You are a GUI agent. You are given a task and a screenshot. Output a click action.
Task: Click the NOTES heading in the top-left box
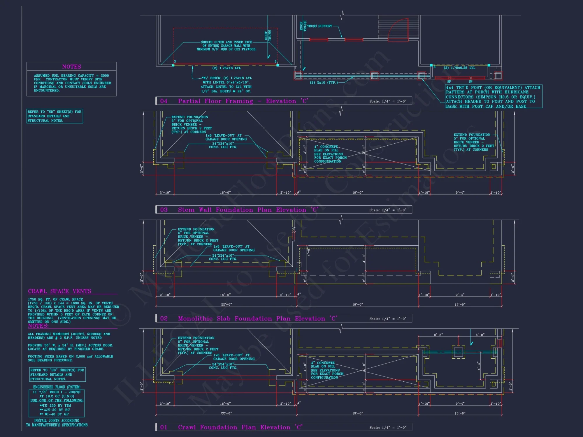pos(71,67)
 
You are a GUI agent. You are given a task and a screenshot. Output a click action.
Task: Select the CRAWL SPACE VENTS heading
pos(59,291)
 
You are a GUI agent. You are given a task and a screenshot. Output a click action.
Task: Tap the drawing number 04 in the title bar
pos(164,101)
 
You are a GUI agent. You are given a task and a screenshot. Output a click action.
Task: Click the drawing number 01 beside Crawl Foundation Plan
pos(164,427)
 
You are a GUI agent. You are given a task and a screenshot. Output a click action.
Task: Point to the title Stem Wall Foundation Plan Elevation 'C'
pos(248,210)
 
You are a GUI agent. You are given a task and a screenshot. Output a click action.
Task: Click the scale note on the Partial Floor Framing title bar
pos(388,101)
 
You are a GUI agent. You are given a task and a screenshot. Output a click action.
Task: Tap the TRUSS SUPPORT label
pos(319,26)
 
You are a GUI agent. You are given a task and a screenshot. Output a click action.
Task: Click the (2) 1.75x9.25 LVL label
pos(459,68)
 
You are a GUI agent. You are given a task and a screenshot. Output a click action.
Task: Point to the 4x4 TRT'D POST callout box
pos(494,97)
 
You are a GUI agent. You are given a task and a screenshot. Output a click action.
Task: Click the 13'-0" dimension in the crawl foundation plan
pos(460,413)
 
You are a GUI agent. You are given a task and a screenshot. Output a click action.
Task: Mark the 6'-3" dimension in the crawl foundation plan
pos(438,335)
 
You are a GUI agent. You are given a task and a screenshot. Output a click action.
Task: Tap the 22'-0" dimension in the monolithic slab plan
pos(226,304)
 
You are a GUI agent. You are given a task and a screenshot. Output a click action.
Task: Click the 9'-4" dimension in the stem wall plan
pos(460,193)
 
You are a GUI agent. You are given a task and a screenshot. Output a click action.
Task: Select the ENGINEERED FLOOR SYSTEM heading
pos(57,387)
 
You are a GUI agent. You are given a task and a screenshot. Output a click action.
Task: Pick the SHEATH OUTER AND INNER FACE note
pos(226,46)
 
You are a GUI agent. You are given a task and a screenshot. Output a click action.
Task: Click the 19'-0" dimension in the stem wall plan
pos(357,193)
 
